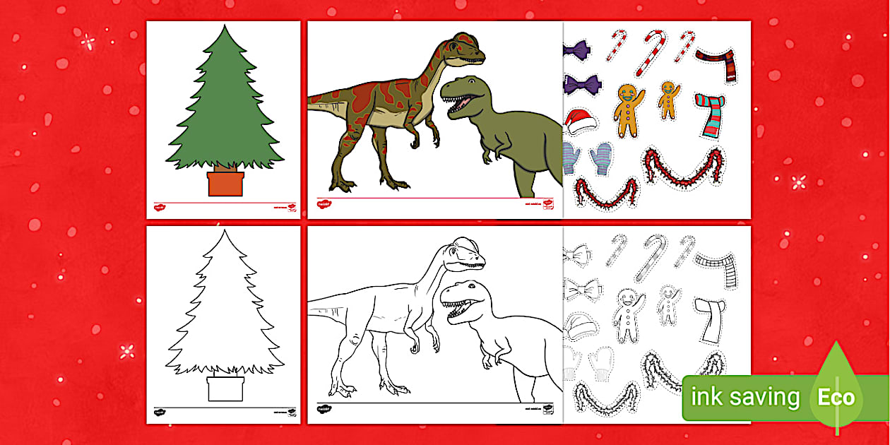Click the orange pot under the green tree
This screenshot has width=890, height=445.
[225, 184]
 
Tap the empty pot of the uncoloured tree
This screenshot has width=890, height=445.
[225, 389]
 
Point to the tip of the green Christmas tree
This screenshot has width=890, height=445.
[225, 28]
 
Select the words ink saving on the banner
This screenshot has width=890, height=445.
[744, 397]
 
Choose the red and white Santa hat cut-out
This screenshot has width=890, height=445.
[581, 121]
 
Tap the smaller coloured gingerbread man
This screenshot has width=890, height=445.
[667, 99]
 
